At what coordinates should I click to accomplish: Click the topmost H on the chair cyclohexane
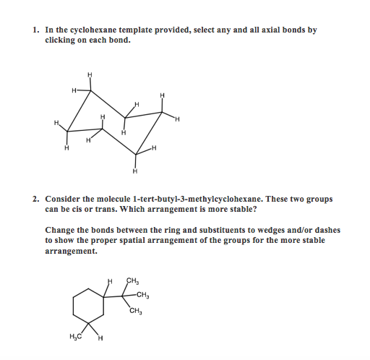coord(90,74)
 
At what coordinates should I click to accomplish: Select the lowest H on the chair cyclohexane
coord(134,172)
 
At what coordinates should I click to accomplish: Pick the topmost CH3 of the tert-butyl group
coord(132,281)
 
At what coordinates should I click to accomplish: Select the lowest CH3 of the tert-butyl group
coord(136,312)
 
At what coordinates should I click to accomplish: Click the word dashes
coord(329,230)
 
